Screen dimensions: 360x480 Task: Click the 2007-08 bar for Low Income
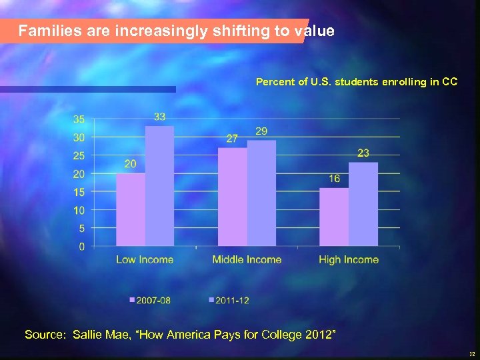[131, 210]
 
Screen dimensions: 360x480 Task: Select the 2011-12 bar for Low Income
[159, 187]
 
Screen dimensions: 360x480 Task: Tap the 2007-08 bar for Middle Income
[233, 197]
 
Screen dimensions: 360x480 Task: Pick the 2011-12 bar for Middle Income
[261, 193]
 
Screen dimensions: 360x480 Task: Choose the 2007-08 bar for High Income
[334, 217]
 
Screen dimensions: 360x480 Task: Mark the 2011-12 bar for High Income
[363, 205]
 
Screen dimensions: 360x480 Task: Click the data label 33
[160, 117]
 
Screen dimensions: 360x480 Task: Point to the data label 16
[334, 179]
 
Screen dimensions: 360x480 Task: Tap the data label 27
[232, 139]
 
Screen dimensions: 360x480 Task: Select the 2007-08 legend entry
[150, 301]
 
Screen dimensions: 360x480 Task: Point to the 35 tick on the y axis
[79, 119]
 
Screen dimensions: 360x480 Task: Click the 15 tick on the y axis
[79, 192]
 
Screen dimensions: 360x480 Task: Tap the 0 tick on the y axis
[82, 247]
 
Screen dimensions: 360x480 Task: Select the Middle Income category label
[247, 260]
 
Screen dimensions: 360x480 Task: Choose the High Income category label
[349, 260]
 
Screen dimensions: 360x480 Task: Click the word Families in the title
[49, 31]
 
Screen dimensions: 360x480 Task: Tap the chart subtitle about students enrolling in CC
[357, 82]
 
